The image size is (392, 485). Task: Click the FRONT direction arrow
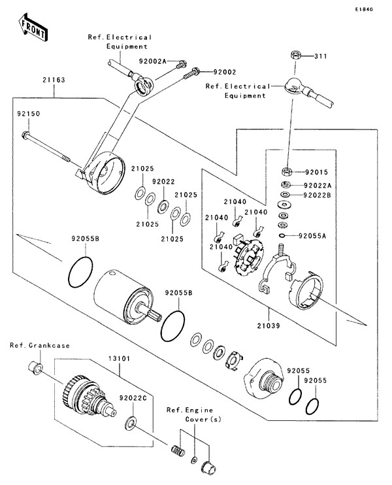(32, 27)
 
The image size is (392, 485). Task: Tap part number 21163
(54, 79)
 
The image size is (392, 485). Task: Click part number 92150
(29, 113)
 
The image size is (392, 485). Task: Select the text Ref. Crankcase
(40, 344)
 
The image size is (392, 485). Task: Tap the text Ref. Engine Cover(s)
(189, 414)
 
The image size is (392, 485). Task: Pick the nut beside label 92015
(286, 173)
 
